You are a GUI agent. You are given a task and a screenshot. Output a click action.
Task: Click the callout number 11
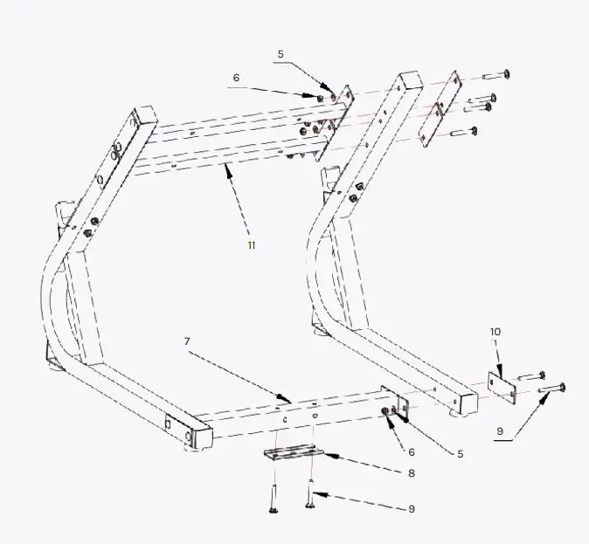coord(252,245)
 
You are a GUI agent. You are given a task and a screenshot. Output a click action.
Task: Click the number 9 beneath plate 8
coord(411,508)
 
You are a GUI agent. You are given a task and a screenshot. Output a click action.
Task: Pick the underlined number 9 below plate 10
coord(501,431)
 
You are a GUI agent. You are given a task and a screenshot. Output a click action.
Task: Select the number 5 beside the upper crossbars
coord(281,54)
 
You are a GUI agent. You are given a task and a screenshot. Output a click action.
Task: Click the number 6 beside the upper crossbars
coord(236,78)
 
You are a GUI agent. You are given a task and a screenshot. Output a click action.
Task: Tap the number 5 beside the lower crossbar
coord(461,453)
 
